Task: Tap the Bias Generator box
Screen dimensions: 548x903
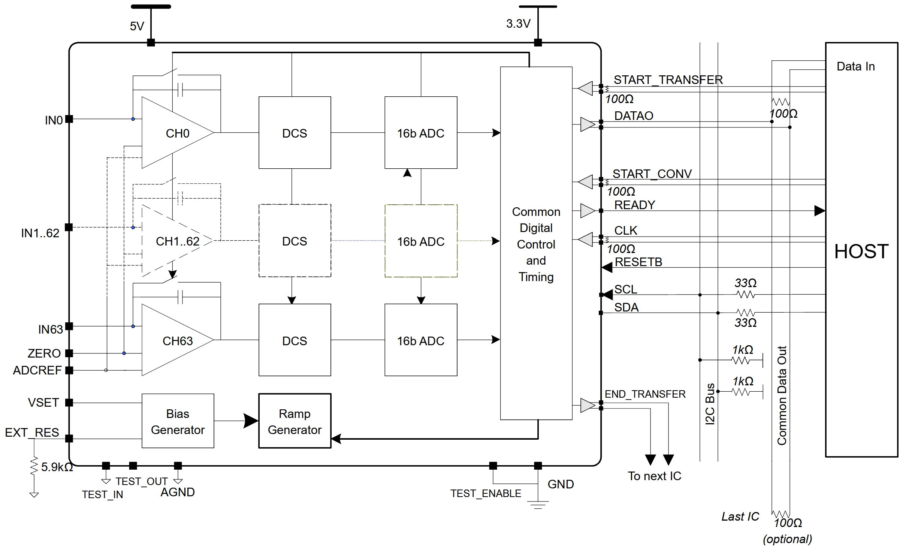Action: (x=178, y=421)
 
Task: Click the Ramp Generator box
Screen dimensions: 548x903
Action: (x=295, y=421)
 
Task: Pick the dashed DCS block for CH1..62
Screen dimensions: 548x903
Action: (x=295, y=241)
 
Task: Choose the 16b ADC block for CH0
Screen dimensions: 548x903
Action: (x=420, y=133)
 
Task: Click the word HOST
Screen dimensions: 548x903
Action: (x=861, y=251)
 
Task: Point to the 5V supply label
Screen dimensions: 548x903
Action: (x=137, y=26)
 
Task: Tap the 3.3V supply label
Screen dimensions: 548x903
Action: (x=518, y=24)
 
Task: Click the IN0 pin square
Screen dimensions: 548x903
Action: (x=69, y=119)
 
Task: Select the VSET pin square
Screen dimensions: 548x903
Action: (x=69, y=403)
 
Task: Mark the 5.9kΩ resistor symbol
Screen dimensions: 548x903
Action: (x=34, y=467)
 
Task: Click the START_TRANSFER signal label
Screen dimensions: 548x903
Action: (x=668, y=80)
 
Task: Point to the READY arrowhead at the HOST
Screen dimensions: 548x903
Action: (x=819, y=211)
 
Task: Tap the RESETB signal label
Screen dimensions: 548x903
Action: (x=638, y=262)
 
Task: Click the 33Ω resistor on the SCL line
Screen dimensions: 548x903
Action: (x=745, y=295)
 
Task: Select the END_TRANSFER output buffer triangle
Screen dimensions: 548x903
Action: (x=587, y=405)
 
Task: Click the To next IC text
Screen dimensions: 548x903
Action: (x=654, y=476)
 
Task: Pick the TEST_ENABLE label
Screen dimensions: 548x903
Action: (x=486, y=493)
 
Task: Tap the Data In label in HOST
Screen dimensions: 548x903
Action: (x=855, y=66)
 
